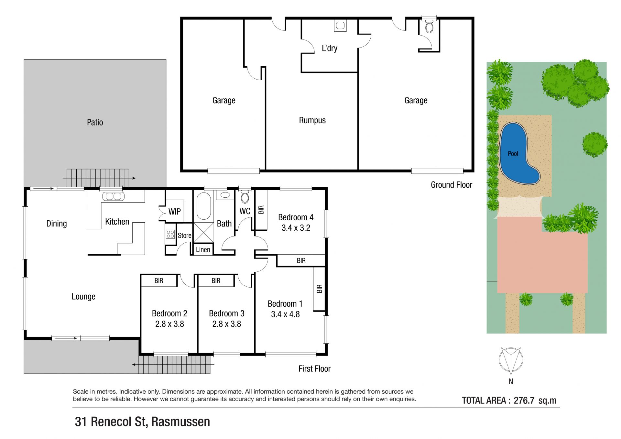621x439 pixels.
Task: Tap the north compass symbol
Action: [511, 359]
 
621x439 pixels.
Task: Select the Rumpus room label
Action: [312, 120]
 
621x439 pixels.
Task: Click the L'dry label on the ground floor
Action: [329, 48]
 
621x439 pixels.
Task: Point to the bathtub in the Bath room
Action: [204, 206]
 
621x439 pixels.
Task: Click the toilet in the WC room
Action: [245, 197]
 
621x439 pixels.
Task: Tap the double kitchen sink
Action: [114, 196]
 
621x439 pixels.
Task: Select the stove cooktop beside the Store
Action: [170, 234]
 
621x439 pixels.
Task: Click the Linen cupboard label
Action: [203, 249]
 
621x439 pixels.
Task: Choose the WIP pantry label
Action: [175, 212]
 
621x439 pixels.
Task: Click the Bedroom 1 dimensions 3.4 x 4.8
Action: [285, 314]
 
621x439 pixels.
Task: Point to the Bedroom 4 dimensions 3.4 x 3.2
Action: [296, 228]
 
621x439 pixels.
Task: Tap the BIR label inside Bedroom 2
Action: [159, 280]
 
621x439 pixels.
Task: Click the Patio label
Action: [95, 122]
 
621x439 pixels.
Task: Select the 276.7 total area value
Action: [524, 401]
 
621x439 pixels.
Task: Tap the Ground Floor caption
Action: [452, 185]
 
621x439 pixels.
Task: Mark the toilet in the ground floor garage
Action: [429, 26]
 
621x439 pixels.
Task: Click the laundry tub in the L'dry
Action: [340, 26]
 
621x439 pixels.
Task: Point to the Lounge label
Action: [83, 297]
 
